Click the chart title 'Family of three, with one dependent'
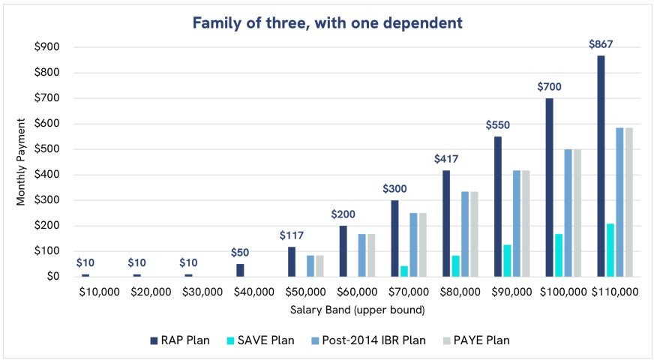point(327,22)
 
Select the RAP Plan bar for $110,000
point(601,166)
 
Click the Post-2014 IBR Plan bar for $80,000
point(464,234)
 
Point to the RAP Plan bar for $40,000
point(240,270)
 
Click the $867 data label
point(601,44)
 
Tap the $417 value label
point(446,159)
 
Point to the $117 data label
point(292,235)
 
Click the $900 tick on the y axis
point(47,46)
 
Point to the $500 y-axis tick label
point(47,148)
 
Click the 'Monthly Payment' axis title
point(21,161)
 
